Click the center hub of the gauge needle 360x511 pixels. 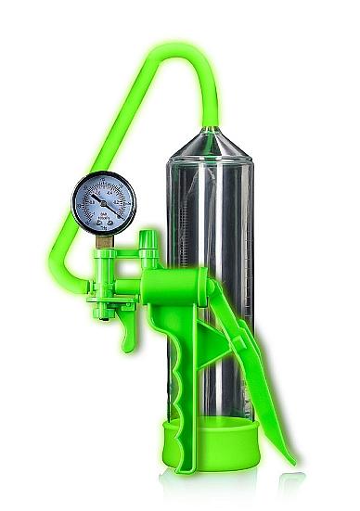click(103, 203)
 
